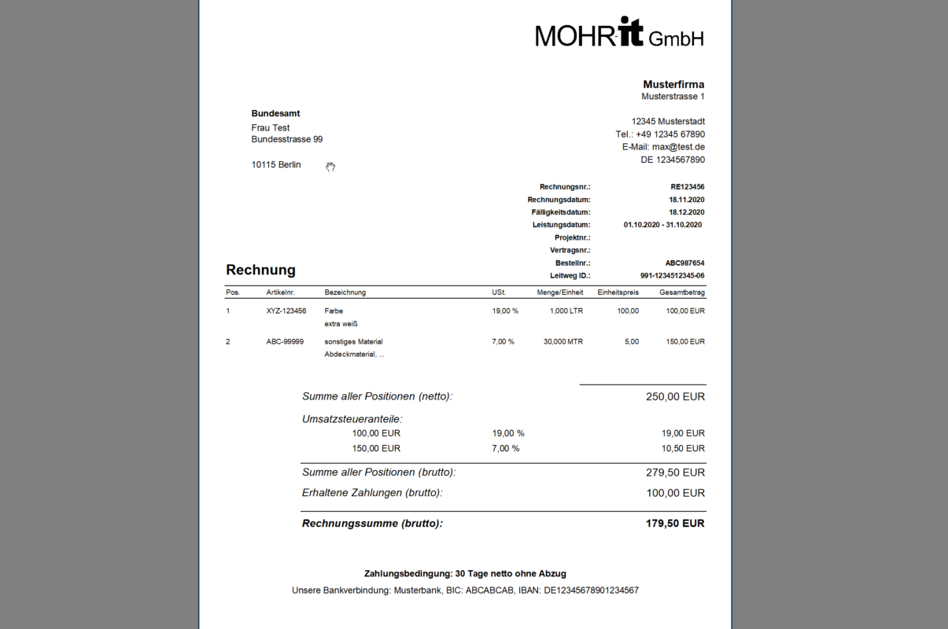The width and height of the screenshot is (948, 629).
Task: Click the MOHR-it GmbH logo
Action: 619,33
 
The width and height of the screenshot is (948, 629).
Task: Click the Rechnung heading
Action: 260,270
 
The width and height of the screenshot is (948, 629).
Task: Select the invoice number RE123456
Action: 687,187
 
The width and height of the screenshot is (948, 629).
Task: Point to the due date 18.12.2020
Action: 686,212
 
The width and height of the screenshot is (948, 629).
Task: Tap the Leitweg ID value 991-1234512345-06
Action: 672,276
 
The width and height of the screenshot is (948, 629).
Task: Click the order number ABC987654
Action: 684,263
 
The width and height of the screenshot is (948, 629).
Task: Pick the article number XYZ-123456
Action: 286,311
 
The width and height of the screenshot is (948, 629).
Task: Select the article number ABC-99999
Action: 285,342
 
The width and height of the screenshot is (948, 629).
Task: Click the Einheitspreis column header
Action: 618,292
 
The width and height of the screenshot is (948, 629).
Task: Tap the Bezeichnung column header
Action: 345,292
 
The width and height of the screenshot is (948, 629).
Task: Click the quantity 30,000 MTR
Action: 563,342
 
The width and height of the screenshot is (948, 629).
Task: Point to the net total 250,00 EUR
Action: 675,397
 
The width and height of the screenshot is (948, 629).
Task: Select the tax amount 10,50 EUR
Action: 684,448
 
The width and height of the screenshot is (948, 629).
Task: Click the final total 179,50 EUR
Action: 675,524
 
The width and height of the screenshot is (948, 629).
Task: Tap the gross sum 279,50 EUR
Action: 675,473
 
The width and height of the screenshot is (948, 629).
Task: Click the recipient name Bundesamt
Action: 275,114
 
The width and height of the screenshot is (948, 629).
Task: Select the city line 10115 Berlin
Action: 276,165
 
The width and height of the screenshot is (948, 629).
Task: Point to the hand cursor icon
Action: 330,167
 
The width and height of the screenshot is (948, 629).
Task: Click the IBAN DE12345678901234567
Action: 591,590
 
